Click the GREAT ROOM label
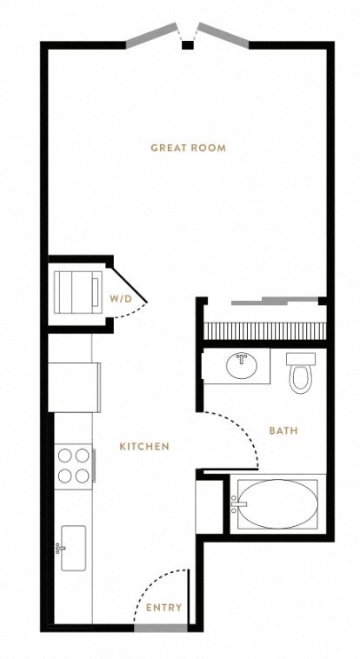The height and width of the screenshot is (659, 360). (188, 148)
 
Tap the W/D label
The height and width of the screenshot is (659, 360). (121, 299)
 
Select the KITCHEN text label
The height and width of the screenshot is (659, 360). (144, 446)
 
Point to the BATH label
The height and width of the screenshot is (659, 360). (283, 431)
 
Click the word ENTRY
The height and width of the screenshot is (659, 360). (164, 608)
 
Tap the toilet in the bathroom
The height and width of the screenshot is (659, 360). (301, 372)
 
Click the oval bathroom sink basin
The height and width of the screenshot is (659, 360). (242, 366)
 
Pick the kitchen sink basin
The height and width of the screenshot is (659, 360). (74, 548)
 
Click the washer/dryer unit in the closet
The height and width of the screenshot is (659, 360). (77, 292)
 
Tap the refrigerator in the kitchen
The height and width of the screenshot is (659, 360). (75, 387)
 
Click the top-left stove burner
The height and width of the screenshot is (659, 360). (64, 456)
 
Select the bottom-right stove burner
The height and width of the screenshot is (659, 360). (83, 476)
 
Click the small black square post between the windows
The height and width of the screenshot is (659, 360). (188, 45)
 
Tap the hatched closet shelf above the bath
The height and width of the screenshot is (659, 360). (265, 330)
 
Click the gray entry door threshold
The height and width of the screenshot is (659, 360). (161, 628)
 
